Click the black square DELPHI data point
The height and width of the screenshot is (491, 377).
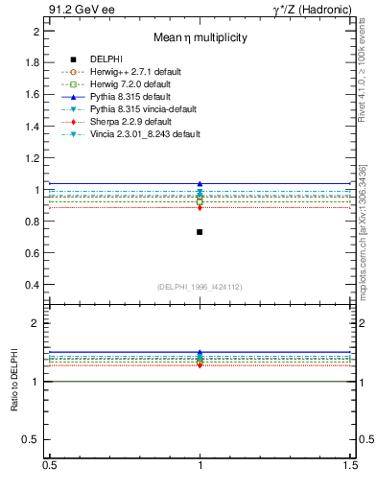[200, 232]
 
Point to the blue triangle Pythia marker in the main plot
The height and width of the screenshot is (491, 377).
[200, 183]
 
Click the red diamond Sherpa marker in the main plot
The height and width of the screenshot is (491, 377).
[200, 207]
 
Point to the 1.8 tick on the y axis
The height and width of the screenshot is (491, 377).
[34, 62]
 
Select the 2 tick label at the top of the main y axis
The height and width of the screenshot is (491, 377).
[36, 31]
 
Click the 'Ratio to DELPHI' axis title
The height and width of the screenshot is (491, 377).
[16, 382]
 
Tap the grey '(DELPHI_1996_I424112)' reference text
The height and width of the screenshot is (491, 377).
[200, 287]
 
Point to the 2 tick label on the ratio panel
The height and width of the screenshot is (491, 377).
[36, 323]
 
